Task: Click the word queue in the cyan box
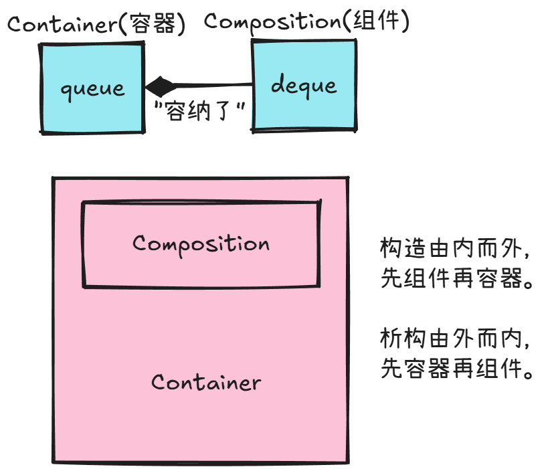pos(92,88)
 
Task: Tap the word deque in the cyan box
pos(303,86)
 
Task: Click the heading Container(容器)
pos(96,25)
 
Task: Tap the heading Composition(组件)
pos(306,21)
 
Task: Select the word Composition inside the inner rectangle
pos(201,243)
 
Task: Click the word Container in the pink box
pos(205,383)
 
